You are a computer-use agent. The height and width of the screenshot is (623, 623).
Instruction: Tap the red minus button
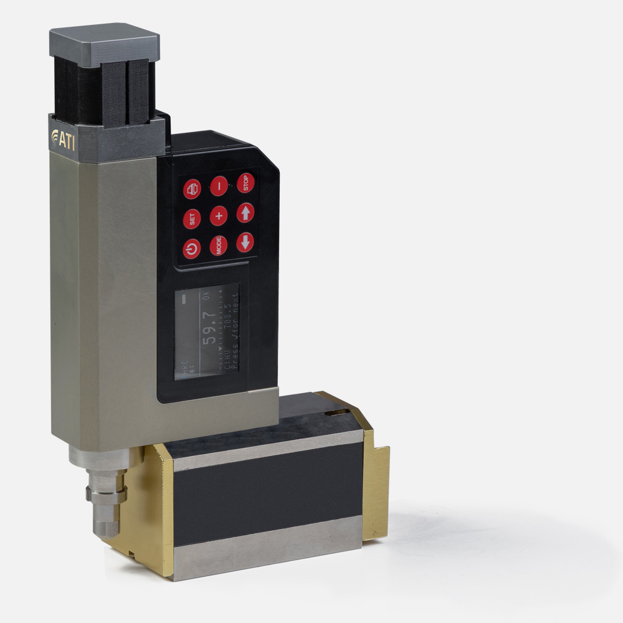pos(219,186)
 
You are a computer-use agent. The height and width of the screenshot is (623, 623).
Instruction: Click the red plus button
pos(219,216)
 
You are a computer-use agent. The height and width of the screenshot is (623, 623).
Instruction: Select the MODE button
pos(219,246)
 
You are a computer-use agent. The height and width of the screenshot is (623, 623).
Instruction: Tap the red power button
pos(192,249)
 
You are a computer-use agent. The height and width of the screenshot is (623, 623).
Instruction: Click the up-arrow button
pos(245,213)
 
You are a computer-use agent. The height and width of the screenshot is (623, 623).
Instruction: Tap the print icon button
pos(192,189)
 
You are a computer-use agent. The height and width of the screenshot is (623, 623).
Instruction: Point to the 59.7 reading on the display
pos(210,329)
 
